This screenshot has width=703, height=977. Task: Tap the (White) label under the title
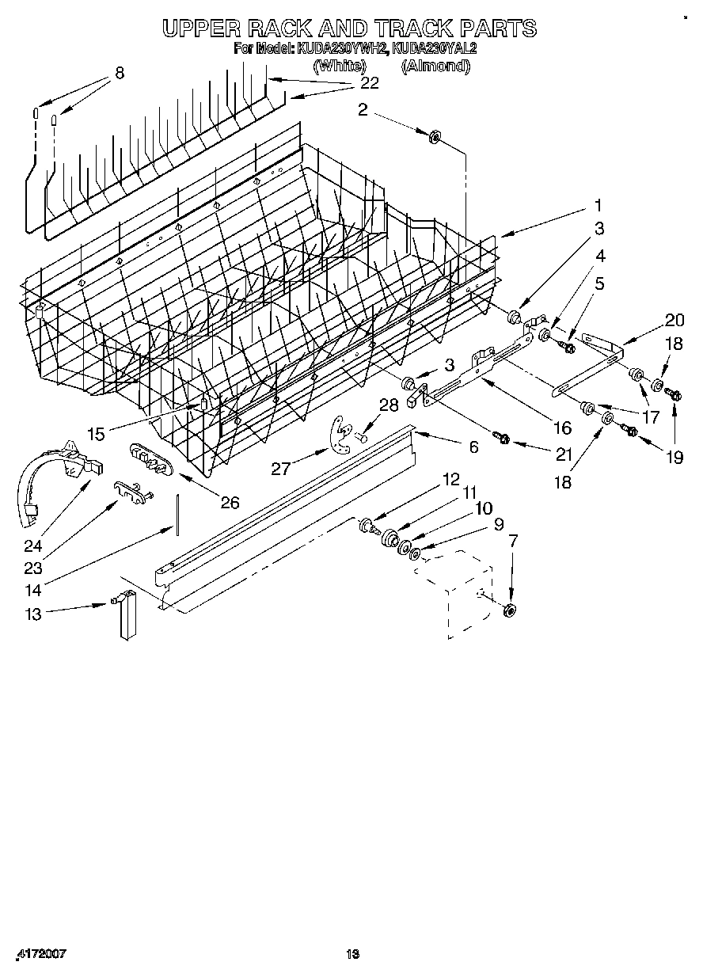tap(339, 67)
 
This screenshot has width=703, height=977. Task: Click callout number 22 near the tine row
tap(370, 82)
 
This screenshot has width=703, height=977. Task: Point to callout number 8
tap(120, 73)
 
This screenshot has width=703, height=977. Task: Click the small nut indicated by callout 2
tap(435, 138)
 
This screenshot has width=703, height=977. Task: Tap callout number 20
tap(674, 320)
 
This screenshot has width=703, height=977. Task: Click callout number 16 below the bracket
tap(562, 428)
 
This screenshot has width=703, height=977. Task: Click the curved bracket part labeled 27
tap(340, 437)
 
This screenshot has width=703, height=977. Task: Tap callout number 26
tap(230, 501)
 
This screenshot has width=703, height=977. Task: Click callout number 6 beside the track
tap(473, 447)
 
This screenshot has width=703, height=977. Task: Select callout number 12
tap(450, 479)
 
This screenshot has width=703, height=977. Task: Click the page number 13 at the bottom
tap(353, 955)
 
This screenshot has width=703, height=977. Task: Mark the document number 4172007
tap(40, 955)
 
